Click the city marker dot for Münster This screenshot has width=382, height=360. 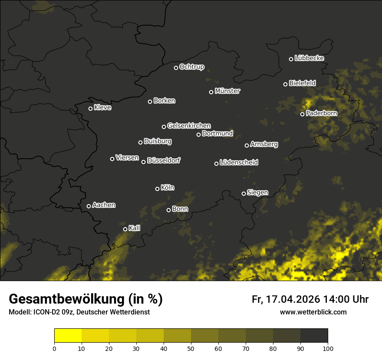click(211, 92)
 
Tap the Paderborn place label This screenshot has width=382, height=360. click(321, 113)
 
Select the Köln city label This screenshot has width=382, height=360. click(168, 188)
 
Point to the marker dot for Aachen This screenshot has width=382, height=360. click(89, 206)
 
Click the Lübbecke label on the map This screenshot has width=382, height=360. click(309, 58)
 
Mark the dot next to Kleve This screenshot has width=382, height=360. click(91, 108)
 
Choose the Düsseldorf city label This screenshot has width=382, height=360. click(164, 160)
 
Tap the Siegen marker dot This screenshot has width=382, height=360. click(244, 193)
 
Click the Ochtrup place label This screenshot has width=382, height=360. click(191, 67)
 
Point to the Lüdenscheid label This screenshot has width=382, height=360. click(239, 163)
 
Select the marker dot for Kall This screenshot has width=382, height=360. click(125, 229)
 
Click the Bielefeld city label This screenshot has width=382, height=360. click(302, 83)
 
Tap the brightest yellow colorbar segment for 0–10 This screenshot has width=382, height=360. click(68, 336)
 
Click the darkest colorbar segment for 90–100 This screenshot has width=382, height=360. click(314, 336)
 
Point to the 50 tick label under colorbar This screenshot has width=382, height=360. click(191, 348)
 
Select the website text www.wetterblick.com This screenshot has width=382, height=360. click(313, 312)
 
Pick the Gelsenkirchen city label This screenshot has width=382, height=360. click(189, 126)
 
